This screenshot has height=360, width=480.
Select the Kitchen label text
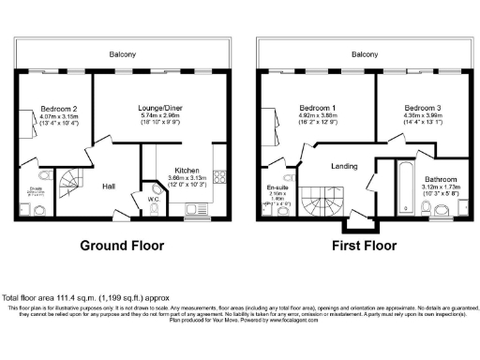(x=187, y=170)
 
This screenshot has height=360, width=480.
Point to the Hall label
(x=109, y=186)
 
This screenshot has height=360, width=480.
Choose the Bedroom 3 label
(x=412, y=108)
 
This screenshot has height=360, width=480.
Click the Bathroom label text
(x=439, y=178)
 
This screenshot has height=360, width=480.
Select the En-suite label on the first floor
(x=277, y=187)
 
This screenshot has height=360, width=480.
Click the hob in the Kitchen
(x=218, y=175)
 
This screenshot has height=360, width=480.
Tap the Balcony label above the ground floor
(x=122, y=54)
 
